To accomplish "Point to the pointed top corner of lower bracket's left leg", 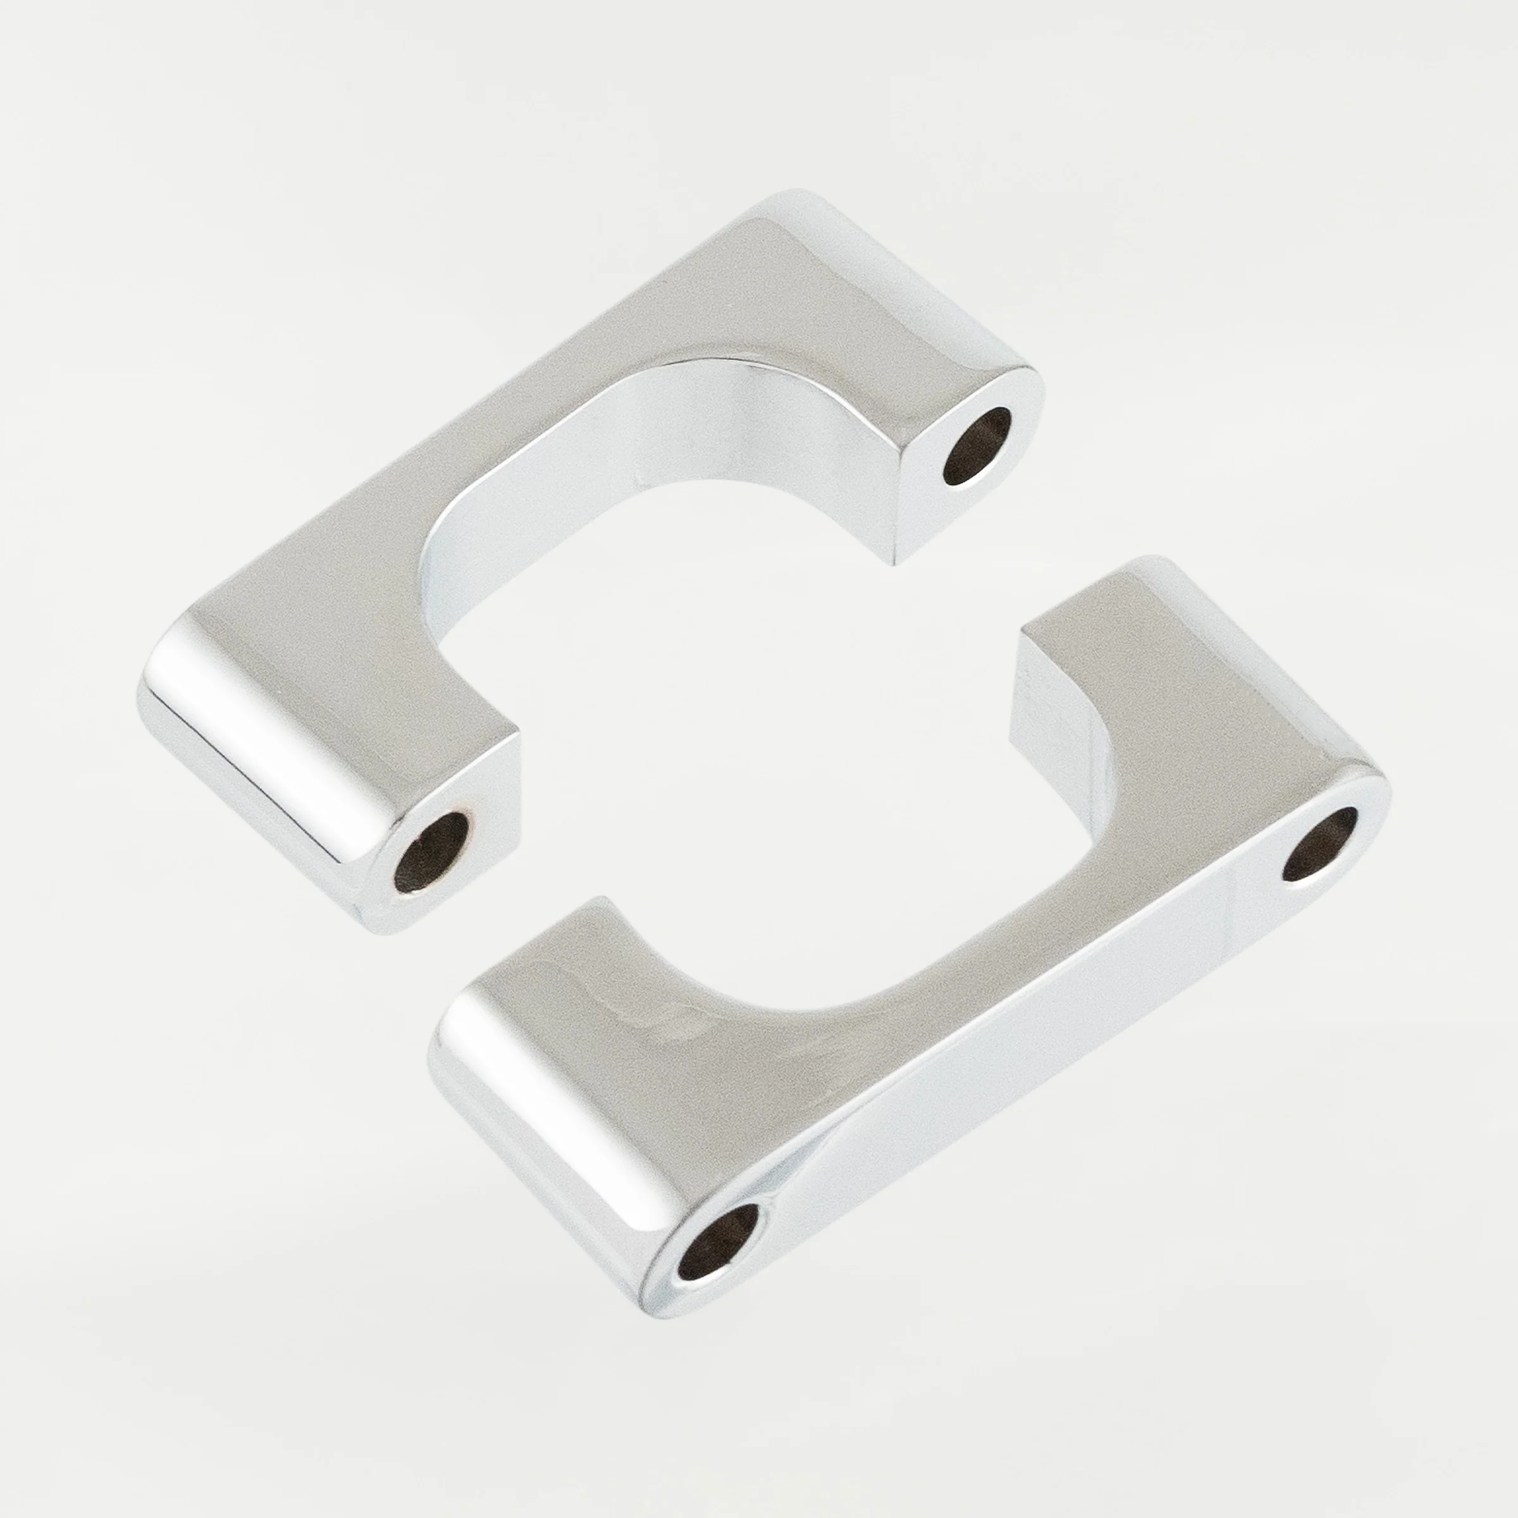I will (x=603, y=899).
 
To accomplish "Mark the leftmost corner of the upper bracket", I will (x=140, y=691).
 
